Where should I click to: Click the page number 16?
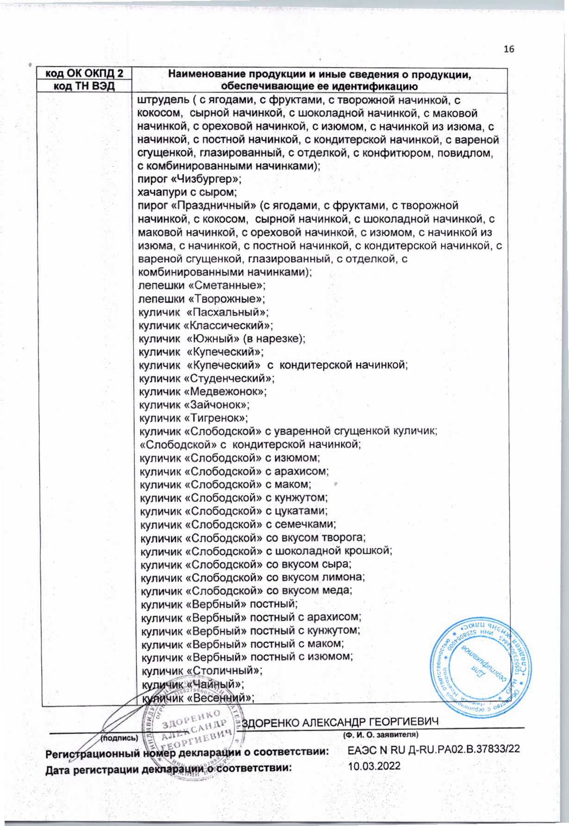tap(509, 50)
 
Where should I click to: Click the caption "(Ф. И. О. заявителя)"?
tap(380, 735)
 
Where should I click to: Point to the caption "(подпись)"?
tap(119, 737)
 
